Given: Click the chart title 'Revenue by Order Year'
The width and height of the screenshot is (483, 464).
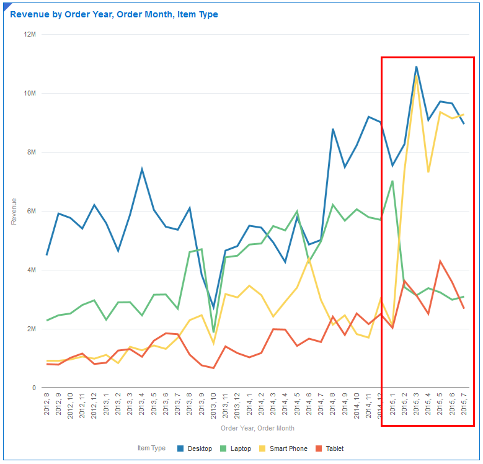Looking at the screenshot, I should pos(114,14).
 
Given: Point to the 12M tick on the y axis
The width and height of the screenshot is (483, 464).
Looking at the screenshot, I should pos(29,34).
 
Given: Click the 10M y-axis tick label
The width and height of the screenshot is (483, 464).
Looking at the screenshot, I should pos(29,93).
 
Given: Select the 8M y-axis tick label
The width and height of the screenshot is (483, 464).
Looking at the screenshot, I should pos(31,152).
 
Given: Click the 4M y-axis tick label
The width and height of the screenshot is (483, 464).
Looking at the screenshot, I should pos(31,270).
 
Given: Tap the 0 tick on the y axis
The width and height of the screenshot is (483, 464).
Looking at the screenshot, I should pos(35,388).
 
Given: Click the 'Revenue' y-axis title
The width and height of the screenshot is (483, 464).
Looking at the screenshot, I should pos(14,211).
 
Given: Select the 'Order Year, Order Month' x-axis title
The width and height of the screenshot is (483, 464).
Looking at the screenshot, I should pos(257,428).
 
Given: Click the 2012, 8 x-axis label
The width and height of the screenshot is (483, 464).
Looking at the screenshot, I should pos(47,407).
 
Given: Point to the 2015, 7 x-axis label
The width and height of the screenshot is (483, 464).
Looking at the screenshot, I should pos(464,407).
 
